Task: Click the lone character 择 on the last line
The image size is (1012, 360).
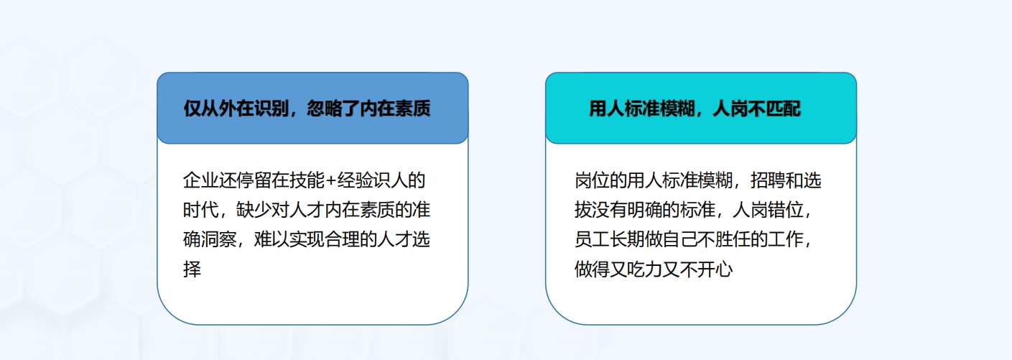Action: pyautogui.click(x=192, y=270)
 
